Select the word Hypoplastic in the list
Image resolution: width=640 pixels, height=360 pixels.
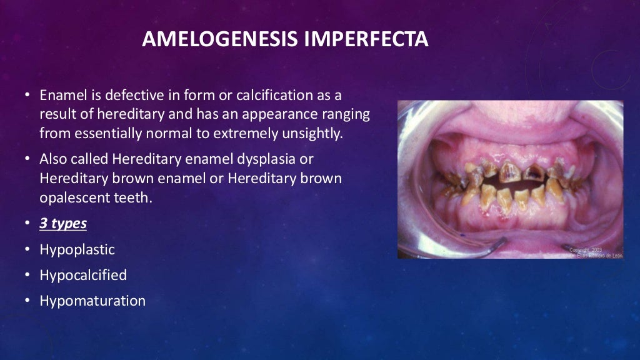point(77,249)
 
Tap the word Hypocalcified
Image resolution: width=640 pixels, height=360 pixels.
point(83,275)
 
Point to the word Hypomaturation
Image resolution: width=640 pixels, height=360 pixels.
point(92,301)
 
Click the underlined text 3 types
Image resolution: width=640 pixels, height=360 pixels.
point(63,224)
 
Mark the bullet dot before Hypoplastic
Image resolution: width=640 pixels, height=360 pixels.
point(27,250)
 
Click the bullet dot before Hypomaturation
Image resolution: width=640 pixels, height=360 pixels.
point(27,301)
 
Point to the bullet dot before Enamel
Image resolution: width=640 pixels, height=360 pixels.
point(27,96)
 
